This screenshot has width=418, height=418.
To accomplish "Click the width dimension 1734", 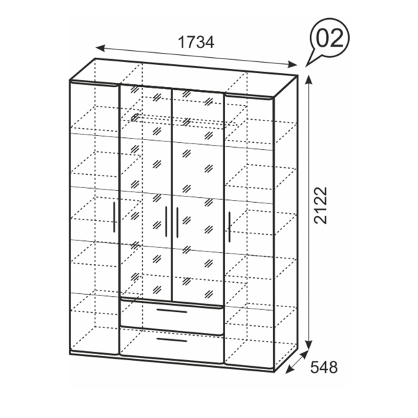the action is tap(196, 42).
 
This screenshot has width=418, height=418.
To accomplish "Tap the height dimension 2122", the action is tap(320, 206).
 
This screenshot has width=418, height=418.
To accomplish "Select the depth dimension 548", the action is tap(324, 367).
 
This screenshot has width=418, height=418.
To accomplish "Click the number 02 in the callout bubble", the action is tap(330, 38).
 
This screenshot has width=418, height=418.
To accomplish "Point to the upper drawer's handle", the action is tap(172, 311).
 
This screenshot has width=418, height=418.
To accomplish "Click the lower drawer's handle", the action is tap(172, 340).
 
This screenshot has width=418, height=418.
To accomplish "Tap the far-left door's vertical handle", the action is tap(114, 217).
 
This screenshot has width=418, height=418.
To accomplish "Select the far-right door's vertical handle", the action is tap(229, 227).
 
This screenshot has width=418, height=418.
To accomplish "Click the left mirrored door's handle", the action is tap(166, 222).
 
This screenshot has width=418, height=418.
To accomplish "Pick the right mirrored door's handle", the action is tap(177, 222).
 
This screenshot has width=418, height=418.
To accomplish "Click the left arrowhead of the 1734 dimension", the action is tap(100, 48).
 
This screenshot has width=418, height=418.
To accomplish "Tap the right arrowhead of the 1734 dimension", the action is tap(293, 64).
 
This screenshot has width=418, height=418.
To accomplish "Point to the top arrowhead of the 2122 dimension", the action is tap(309, 79).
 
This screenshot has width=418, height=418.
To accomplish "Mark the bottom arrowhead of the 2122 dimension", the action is tap(309, 344).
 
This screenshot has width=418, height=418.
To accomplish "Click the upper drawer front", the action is tap(172, 317).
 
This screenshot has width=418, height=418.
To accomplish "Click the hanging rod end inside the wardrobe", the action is tap(135, 117).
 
